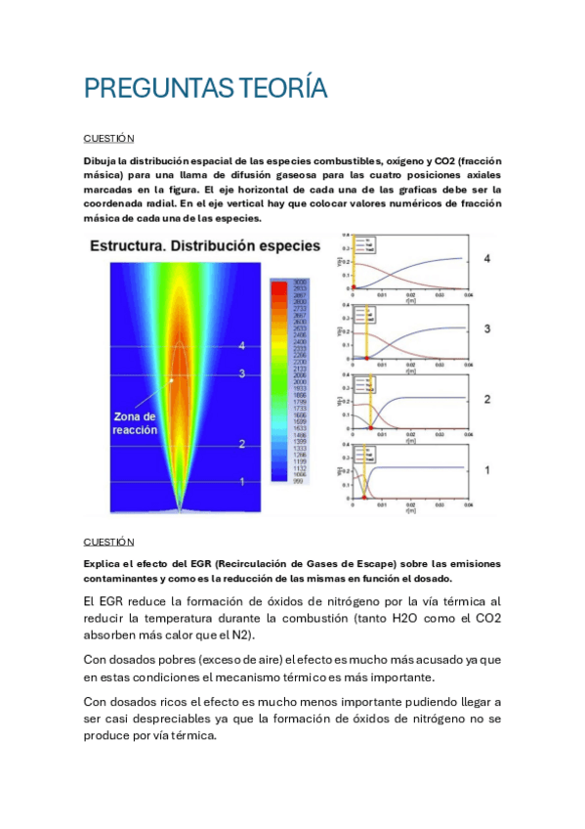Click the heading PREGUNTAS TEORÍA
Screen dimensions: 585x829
point(205,90)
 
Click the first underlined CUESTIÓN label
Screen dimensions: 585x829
point(108,139)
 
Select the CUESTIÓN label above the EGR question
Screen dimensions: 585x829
point(108,542)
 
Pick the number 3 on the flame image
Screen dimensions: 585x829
point(241,373)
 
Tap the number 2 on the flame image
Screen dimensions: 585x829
point(241,445)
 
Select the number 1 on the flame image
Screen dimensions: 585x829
point(241,481)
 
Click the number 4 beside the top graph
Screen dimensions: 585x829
point(485,260)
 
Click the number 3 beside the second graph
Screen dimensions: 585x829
point(485,329)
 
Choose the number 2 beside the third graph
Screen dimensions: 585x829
point(485,399)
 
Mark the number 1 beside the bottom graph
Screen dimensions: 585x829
point(485,469)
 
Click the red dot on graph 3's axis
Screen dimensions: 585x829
point(366,359)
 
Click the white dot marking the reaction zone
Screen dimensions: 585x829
point(171,379)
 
